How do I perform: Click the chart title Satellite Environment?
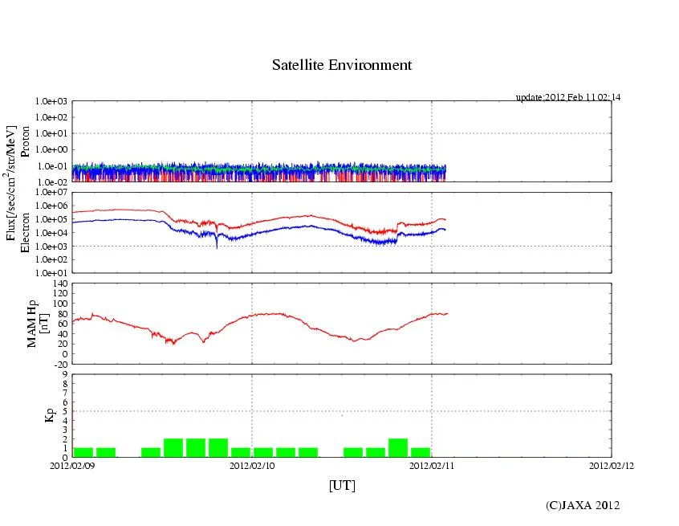[x=341, y=65]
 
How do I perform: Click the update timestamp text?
[x=567, y=97]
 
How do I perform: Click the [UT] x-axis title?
[x=341, y=485]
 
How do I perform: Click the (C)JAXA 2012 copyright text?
[x=582, y=505]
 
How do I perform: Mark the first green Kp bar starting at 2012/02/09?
[x=83, y=452]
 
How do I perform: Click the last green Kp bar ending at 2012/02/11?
[x=421, y=452]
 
